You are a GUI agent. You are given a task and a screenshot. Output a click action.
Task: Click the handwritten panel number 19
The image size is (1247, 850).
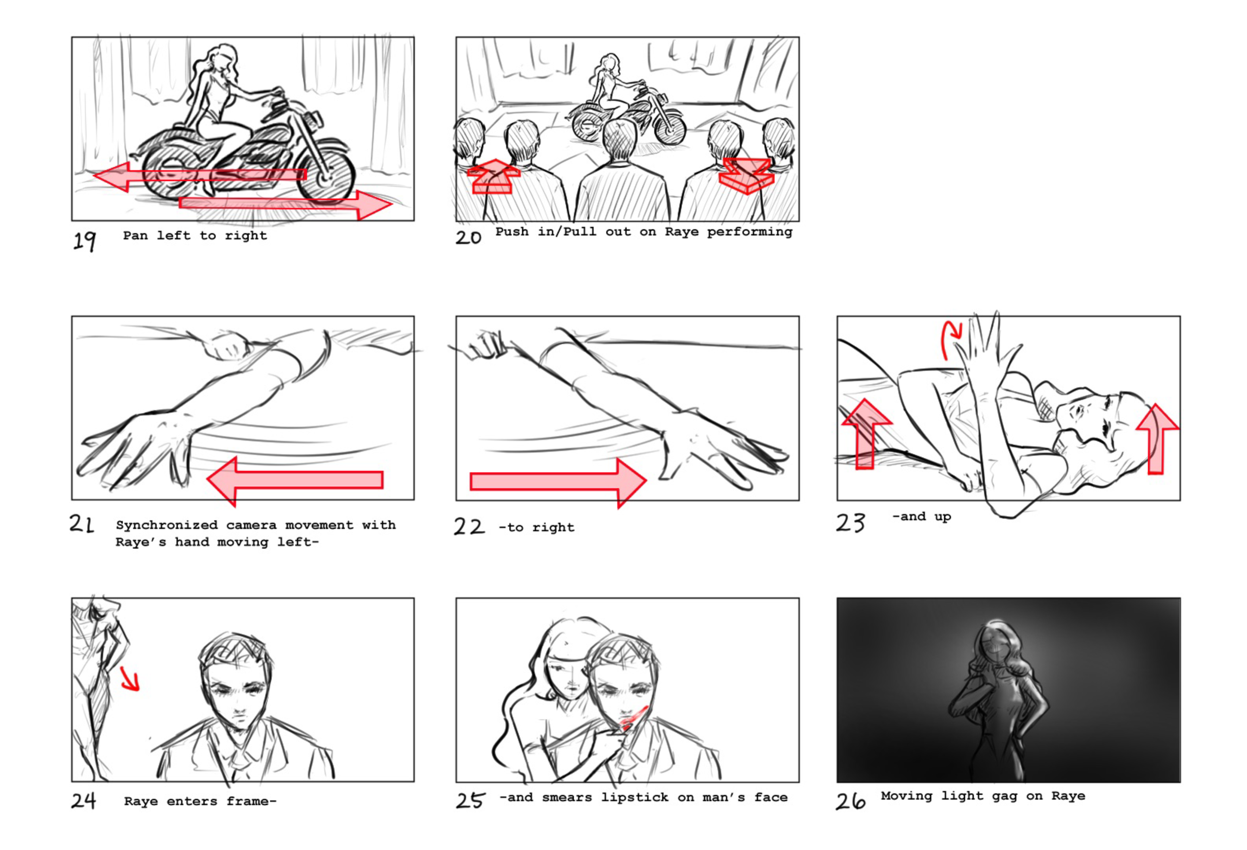coord(85,240)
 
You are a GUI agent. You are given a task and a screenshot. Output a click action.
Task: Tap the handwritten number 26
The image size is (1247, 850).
coord(850,801)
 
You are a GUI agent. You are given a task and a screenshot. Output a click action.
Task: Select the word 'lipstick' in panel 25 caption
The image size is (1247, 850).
coord(634,797)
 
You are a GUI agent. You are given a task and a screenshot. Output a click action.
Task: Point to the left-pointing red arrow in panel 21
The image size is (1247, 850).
coord(295,480)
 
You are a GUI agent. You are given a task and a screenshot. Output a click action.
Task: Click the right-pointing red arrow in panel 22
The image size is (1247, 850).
coord(558,482)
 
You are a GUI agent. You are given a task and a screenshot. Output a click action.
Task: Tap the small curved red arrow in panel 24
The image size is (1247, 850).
coord(130,679)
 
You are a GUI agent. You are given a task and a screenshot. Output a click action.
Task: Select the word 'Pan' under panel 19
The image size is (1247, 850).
coord(135,235)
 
